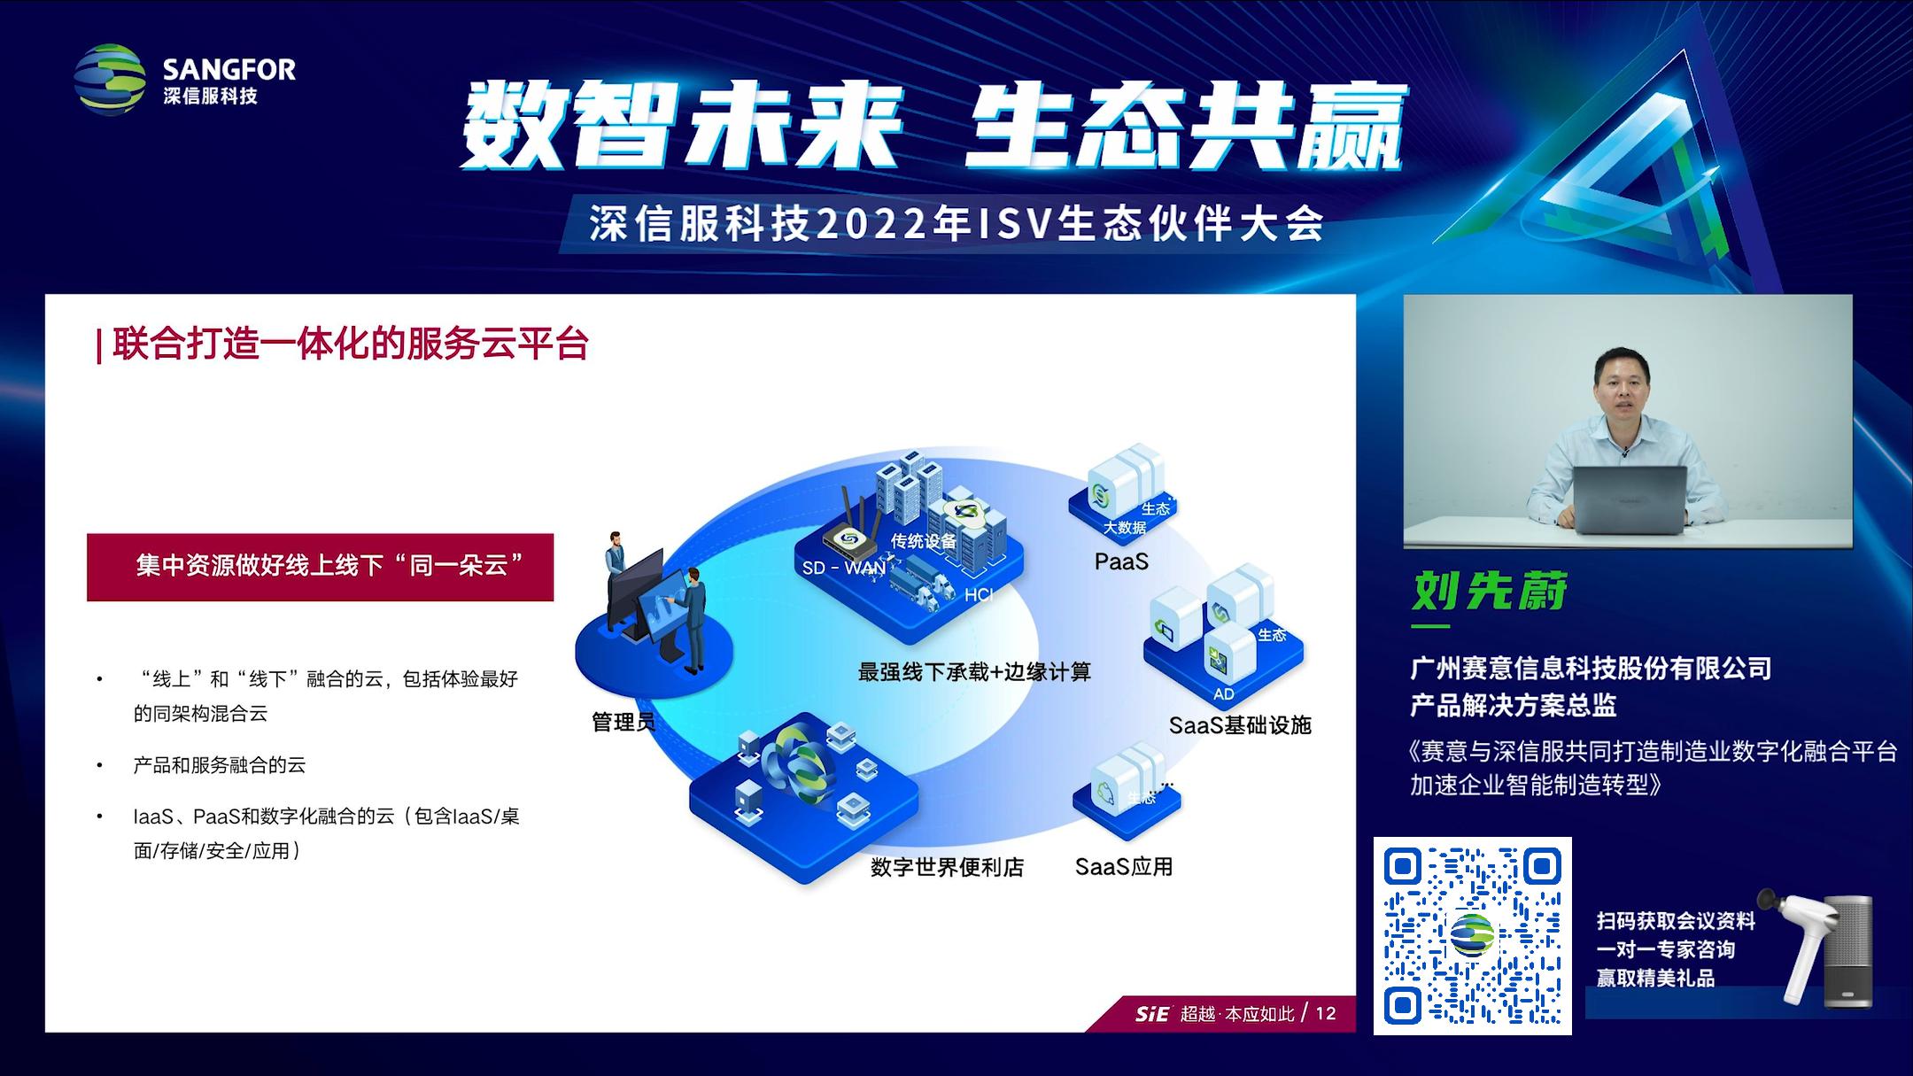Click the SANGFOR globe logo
tap(110, 80)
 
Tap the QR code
tap(1472, 935)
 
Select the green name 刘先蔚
tap(1490, 591)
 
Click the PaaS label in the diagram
tap(1121, 561)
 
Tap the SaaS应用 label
tap(1124, 866)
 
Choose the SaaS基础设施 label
tap(1240, 725)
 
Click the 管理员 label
tap(623, 723)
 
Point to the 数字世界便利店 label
tap(947, 867)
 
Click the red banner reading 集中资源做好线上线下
tap(321, 567)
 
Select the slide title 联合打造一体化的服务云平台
tap(351, 344)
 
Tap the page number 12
tap(1326, 1013)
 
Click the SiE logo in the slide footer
tap(1152, 1014)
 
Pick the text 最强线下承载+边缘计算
tap(974, 672)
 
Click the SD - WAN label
tap(843, 568)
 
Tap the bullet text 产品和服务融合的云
tap(220, 765)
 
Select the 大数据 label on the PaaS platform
tap(1125, 528)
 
